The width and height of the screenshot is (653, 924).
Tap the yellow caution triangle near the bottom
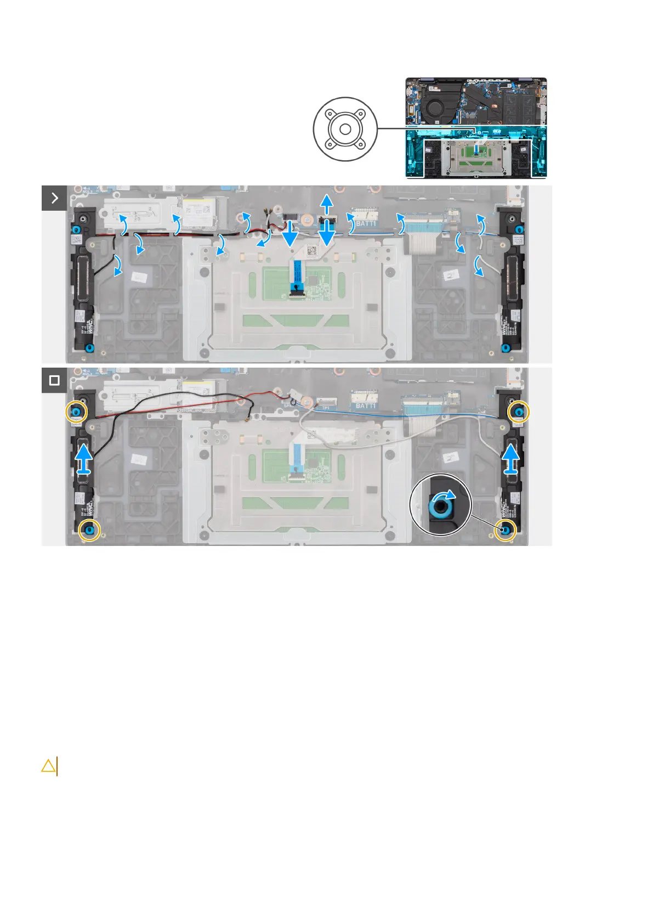[x=48, y=765]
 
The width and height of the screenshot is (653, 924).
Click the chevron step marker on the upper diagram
[x=54, y=198]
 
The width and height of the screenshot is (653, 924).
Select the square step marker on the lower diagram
[x=54, y=380]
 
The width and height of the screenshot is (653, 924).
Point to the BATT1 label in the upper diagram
[x=367, y=224]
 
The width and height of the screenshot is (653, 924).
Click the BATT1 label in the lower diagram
[x=366, y=406]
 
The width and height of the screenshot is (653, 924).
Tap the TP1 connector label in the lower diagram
[x=326, y=408]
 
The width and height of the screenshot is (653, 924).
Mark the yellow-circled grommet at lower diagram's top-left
[x=76, y=411]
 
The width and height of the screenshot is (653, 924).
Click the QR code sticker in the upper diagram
[x=311, y=251]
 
